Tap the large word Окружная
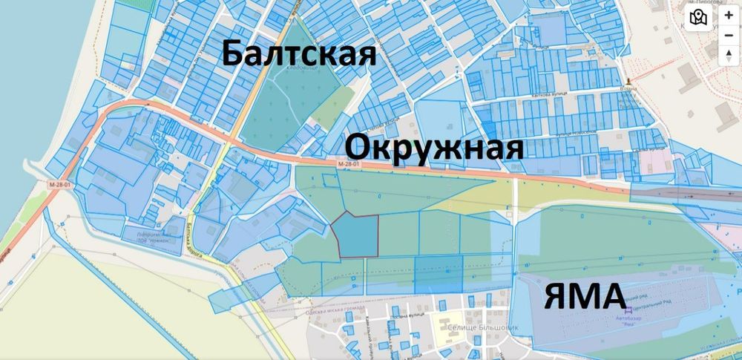pyautogui.click(x=435, y=146)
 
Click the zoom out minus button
pyautogui.click(x=729, y=34)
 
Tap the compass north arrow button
pyautogui.click(x=729, y=54)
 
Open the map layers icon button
pyautogui.click(x=697, y=17)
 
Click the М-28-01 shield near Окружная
pyautogui.click(x=348, y=163)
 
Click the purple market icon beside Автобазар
pyautogui.click(x=629, y=311)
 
